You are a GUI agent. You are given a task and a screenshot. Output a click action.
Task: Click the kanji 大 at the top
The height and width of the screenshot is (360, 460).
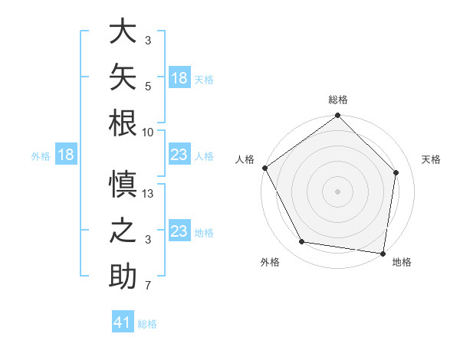coord(123,31)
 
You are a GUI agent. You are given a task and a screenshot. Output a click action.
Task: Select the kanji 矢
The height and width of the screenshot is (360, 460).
coord(123,77)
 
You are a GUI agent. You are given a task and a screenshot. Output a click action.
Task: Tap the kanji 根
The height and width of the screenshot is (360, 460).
coord(123,123)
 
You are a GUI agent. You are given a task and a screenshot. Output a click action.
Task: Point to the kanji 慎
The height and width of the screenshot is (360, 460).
coord(123,184)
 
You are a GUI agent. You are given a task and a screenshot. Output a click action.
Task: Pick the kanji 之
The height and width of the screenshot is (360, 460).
coord(123,230)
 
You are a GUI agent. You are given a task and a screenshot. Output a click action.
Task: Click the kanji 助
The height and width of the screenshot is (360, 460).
coord(123,276)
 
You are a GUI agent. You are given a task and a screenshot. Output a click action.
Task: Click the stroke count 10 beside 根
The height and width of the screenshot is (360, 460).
coord(147,133)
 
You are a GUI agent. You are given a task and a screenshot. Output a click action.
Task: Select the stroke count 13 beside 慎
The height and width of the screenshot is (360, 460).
coord(147,194)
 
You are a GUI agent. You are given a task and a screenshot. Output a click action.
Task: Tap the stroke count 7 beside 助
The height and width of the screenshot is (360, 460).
coord(148,285)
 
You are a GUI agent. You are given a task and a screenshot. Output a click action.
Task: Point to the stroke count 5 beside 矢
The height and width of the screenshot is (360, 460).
coord(148,87)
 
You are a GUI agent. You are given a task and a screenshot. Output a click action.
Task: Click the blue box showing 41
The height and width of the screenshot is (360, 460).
coord(123,321)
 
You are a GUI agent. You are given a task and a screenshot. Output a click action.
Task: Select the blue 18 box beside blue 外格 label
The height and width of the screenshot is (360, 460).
coord(66,154)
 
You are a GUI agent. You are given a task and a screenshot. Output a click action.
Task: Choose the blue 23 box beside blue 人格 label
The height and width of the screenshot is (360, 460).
coord(179,154)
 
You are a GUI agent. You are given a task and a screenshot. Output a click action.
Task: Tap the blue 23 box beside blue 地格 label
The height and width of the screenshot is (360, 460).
coord(179,230)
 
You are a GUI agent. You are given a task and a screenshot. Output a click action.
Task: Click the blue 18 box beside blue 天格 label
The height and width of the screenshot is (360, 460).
coord(179,77)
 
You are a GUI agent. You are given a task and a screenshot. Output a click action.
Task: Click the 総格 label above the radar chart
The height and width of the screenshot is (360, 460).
coord(338,100)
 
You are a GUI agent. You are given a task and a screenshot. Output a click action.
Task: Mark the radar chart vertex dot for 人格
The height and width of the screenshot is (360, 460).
coord(265,168)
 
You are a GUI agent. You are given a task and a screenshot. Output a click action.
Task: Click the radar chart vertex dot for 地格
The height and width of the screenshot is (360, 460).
coord(383,254)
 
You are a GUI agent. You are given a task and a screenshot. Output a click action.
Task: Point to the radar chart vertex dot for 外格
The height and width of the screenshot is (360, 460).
coord(302,241)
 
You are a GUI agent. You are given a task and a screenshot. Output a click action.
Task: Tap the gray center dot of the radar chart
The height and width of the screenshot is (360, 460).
coord(337,191)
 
